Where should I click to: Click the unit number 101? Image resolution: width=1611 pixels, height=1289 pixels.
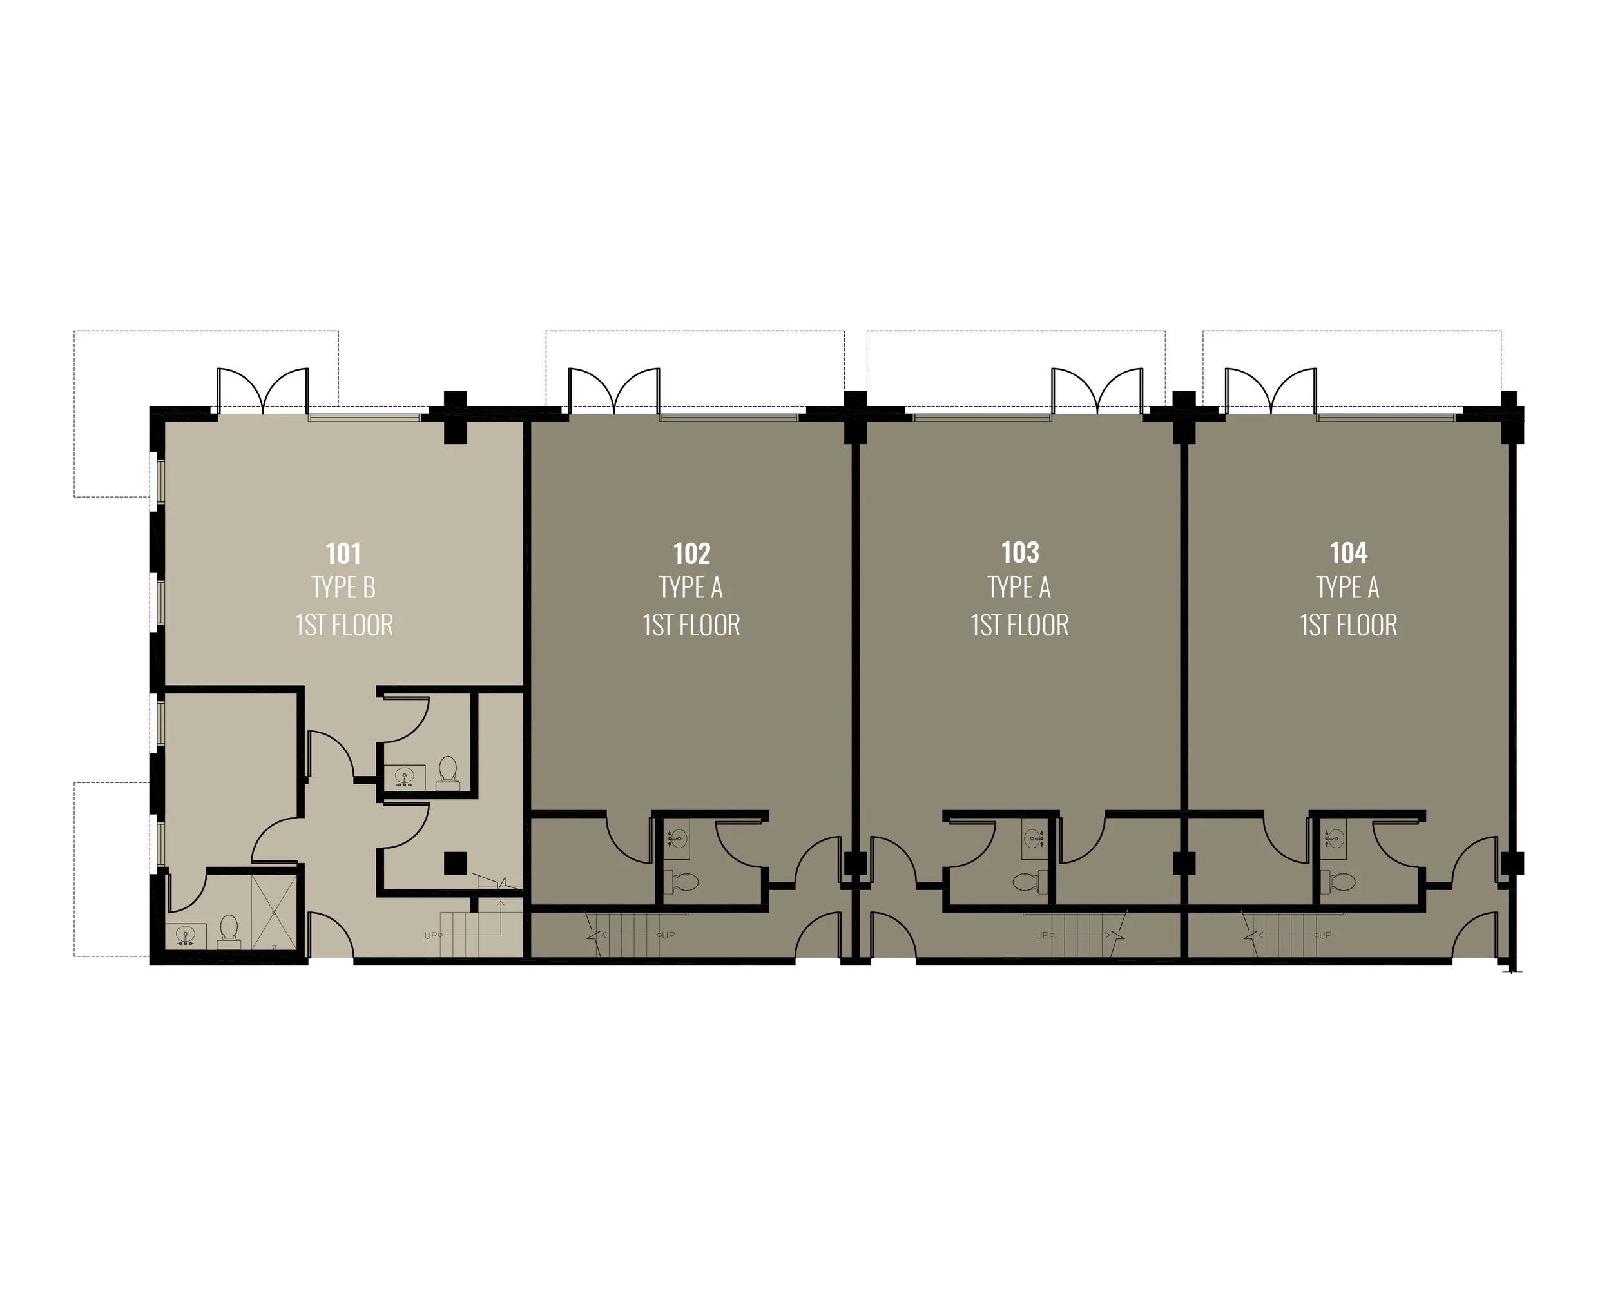point(343,554)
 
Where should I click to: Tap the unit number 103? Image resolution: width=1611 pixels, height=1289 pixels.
point(1020,553)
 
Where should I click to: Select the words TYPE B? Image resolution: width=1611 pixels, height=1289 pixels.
point(343,588)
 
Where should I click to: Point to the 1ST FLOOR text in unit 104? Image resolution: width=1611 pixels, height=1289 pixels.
point(1349,625)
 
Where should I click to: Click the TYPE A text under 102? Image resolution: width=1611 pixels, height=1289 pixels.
point(691,588)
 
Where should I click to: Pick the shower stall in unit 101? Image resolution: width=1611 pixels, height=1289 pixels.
point(275,913)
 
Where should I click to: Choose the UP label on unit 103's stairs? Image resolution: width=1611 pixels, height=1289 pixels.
point(1043,935)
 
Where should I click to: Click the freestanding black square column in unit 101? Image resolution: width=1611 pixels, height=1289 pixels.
point(455,863)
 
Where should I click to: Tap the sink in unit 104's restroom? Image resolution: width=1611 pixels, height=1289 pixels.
point(1334,838)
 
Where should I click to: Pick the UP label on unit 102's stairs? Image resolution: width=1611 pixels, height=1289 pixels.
point(668,935)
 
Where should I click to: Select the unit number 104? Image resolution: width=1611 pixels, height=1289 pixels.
point(1349,553)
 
